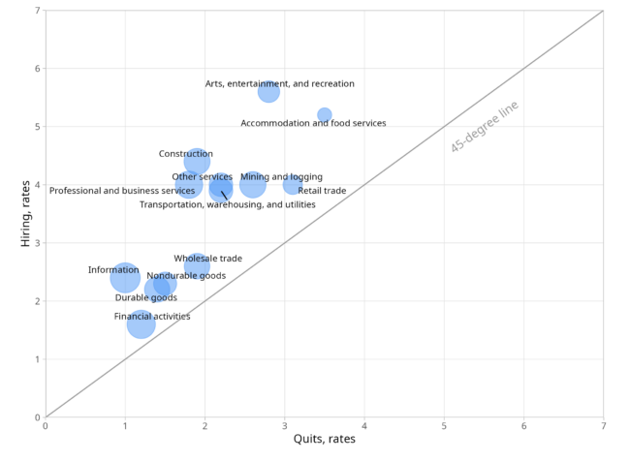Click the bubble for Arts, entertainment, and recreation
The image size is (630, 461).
click(268, 92)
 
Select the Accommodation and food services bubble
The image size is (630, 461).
click(325, 115)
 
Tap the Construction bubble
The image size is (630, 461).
click(197, 162)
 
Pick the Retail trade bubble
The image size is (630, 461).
click(293, 185)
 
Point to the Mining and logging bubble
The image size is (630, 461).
click(253, 185)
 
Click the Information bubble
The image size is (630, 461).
click(125, 278)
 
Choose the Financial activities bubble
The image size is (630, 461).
click(142, 324)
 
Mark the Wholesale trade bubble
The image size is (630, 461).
click(197, 265)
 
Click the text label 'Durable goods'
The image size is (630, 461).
click(145, 297)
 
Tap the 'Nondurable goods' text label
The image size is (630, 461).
click(186, 276)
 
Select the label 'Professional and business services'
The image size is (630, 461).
click(122, 191)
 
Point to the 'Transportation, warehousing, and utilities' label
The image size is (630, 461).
click(228, 204)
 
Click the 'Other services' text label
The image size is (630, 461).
click(203, 176)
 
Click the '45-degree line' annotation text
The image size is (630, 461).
click(485, 127)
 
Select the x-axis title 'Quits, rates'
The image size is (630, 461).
click(325, 439)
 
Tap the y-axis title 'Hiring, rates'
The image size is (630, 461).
click(25, 214)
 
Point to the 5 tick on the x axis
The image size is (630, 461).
click(444, 426)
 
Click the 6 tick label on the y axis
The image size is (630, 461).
click(38, 68)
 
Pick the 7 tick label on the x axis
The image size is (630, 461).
click(604, 426)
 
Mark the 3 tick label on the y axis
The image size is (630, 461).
click(38, 243)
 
